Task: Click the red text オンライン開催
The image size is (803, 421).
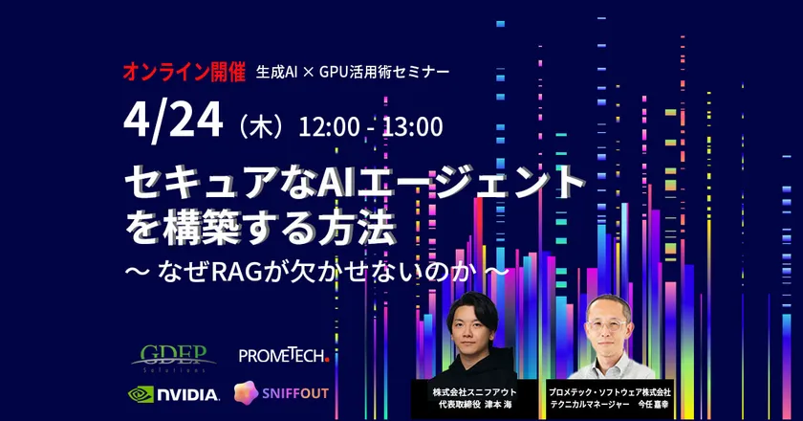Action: click(x=183, y=72)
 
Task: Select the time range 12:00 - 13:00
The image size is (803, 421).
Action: click(x=371, y=126)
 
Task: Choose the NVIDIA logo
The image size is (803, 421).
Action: click(x=174, y=392)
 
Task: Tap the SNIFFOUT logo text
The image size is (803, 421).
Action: click(x=300, y=392)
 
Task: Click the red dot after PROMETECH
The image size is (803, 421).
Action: click(x=327, y=360)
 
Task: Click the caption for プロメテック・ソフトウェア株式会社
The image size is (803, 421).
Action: click(x=610, y=398)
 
